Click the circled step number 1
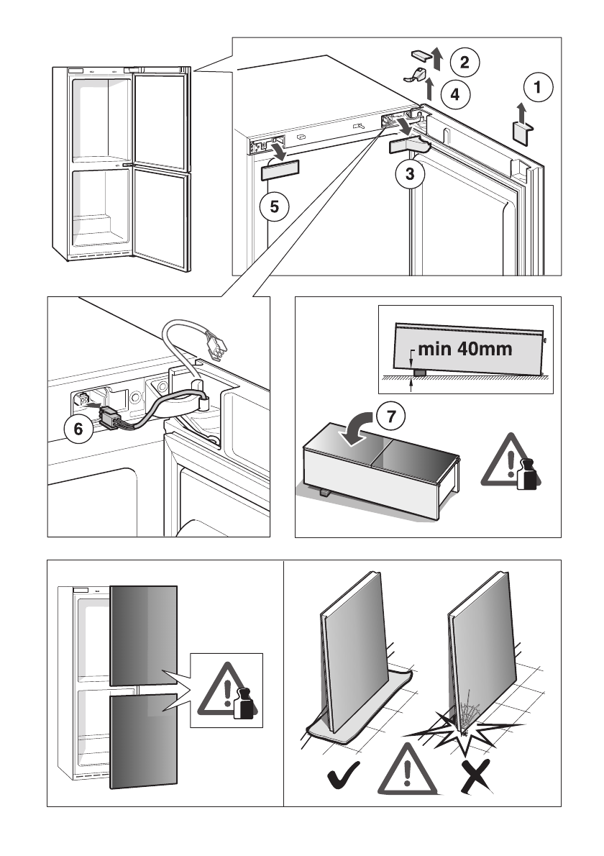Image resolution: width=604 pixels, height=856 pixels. pyautogui.click(x=538, y=87)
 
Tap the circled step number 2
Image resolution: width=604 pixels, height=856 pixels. pyautogui.click(x=465, y=61)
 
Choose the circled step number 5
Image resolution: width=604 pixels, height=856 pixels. pyautogui.click(x=275, y=206)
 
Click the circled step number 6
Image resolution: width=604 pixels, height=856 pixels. pyautogui.click(x=78, y=429)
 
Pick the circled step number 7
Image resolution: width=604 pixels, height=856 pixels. pyautogui.click(x=391, y=416)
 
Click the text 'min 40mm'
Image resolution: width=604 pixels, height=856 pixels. pyautogui.click(x=465, y=349)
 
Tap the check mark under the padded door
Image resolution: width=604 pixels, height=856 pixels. pyautogui.click(x=344, y=775)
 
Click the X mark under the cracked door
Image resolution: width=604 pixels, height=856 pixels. pyautogui.click(x=474, y=775)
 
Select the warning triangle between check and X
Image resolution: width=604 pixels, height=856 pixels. pyautogui.click(x=407, y=769)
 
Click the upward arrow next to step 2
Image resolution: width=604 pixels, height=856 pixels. pyautogui.click(x=437, y=58)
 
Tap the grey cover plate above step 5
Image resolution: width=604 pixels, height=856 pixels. pyautogui.click(x=280, y=171)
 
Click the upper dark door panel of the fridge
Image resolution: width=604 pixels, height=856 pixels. pyautogui.click(x=144, y=635)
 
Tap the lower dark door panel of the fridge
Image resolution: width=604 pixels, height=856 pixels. pyautogui.click(x=144, y=742)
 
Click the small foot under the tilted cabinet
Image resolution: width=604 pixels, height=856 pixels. pyautogui.click(x=421, y=373)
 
